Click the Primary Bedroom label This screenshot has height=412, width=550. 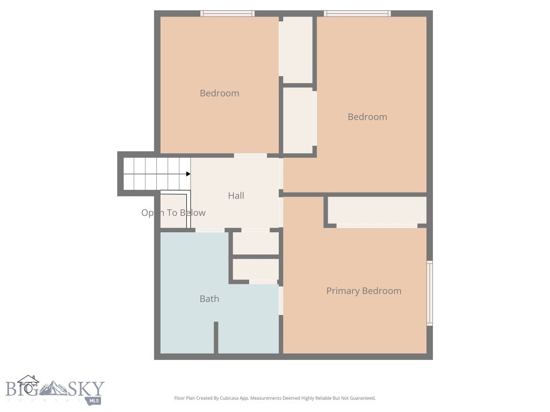pyautogui.click(x=364, y=291)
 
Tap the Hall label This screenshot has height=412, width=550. pyautogui.click(x=236, y=196)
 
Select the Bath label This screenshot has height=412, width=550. pyautogui.click(x=209, y=299)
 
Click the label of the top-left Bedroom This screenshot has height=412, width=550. pyautogui.click(x=219, y=93)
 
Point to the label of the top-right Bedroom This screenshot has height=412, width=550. pyautogui.click(x=367, y=117)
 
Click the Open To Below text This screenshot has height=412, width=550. pyautogui.click(x=173, y=213)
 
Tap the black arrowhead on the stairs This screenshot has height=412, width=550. pyautogui.click(x=188, y=174)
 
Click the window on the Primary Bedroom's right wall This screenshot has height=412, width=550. pyautogui.click(x=429, y=293)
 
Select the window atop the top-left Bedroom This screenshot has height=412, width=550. pyautogui.click(x=227, y=13)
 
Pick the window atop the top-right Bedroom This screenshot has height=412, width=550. pyautogui.click(x=357, y=13)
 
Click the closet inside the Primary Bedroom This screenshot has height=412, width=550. pyautogui.click(x=377, y=210)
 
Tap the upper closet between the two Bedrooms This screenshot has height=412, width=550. pyautogui.click(x=297, y=49)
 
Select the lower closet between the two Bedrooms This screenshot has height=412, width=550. pyautogui.click(x=298, y=120)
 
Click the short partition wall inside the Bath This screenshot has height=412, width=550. pyautogui.click(x=216, y=337)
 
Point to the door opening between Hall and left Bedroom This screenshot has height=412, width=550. pyautogui.click(x=250, y=156)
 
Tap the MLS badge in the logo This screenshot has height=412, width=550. pyautogui.click(x=95, y=400)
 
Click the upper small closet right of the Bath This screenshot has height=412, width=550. pyautogui.click(x=255, y=244)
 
